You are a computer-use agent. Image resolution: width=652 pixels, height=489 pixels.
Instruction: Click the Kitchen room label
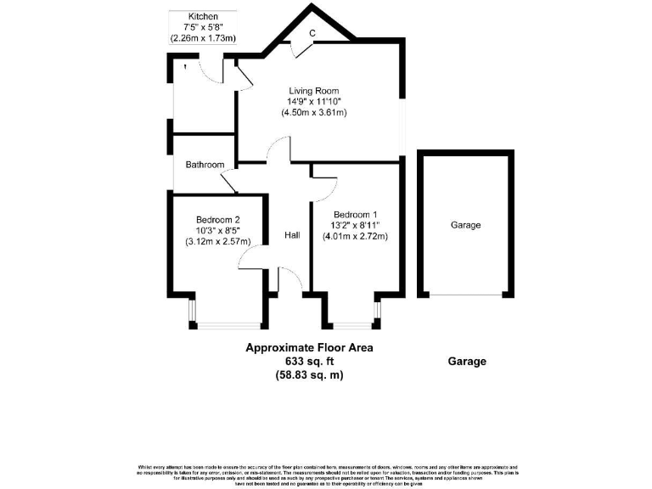[204, 16]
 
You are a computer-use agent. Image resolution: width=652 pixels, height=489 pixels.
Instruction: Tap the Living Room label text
[313, 91]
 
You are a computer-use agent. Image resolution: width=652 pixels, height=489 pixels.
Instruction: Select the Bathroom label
[205, 165]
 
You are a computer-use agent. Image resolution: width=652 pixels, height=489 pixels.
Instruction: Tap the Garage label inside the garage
[465, 225]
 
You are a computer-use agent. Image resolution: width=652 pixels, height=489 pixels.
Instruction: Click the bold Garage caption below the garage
[467, 361]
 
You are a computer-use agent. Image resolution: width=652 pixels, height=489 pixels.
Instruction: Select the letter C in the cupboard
[312, 34]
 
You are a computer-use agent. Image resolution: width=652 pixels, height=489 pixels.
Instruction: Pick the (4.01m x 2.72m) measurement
[355, 236]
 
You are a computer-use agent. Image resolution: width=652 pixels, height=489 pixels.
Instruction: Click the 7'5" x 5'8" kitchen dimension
[204, 27]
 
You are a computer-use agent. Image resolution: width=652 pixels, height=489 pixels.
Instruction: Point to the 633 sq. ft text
[309, 361]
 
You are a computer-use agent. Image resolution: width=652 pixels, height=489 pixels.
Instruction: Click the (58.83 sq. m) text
[309, 374]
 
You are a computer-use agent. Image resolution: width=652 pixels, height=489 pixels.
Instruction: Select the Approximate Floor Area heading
[309, 347]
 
